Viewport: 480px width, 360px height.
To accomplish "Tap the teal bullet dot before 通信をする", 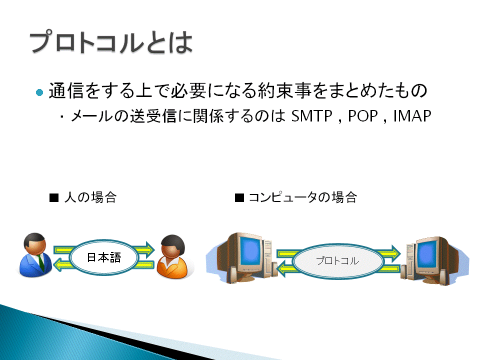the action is (39, 92).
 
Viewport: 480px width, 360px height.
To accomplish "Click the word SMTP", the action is (311, 116).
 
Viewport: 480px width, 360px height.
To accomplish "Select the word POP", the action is (363, 116).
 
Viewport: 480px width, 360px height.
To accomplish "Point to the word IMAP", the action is (412, 116).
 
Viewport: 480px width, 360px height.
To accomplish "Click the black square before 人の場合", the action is (54, 198).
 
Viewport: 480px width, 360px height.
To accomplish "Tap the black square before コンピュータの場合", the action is (239, 198).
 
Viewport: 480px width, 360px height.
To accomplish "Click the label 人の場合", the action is (90, 197).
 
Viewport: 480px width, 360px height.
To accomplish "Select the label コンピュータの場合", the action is (303, 197).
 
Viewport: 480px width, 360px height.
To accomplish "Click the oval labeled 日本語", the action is (104, 257).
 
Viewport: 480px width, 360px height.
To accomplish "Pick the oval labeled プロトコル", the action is (337, 261).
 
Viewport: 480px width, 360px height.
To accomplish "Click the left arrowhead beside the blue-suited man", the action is (58, 264).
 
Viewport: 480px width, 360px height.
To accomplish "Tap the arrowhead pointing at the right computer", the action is (396, 253).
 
